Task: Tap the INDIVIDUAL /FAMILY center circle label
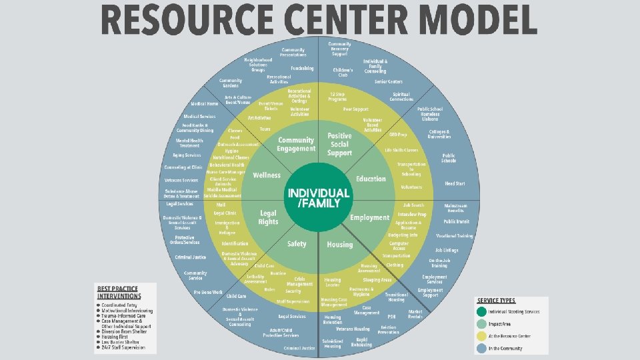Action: coord(318,197)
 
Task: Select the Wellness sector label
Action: coord(267,175)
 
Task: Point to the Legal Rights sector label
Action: coord(267,217)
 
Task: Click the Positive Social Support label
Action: coord(339,145)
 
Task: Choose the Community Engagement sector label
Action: coord(296,145)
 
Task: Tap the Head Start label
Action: coord(455,183)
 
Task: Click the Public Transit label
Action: coord(457,221)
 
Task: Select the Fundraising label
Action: coord(302,68)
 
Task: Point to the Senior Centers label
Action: coord(389,81)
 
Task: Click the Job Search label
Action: coord(413,205)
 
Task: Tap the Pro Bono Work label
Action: coord(208,292)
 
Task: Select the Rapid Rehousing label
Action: coord(363,343)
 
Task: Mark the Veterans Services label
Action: coord(181,180)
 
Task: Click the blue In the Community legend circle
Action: coord(481,347)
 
